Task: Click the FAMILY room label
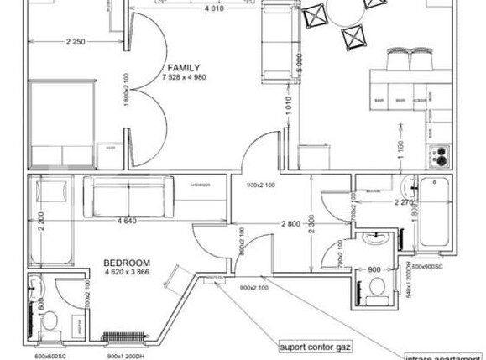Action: pos(183,67)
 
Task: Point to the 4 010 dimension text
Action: pos(214,11)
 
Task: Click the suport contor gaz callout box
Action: pos(316,344)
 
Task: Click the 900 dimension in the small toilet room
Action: pos(375,269)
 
